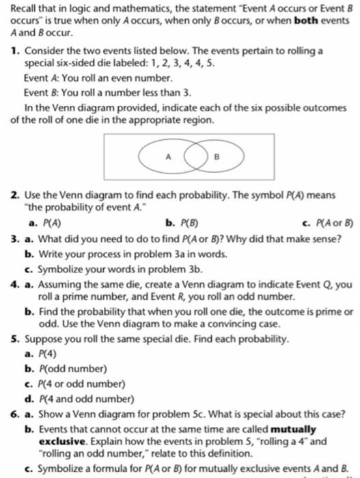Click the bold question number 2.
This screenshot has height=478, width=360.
tap(14, 196)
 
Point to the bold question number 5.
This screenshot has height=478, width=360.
tap(14, 339)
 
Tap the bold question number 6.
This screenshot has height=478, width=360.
tap(14, 416)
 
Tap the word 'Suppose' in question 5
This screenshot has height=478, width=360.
tap(46, 339)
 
